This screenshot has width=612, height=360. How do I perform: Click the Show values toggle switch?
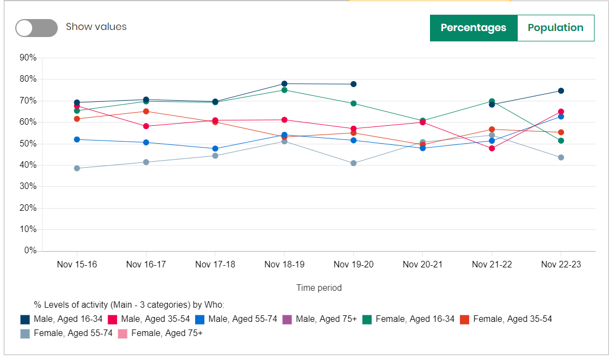point(37,28)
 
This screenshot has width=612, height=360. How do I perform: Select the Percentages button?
point(473,28)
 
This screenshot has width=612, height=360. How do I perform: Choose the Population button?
point(555,28)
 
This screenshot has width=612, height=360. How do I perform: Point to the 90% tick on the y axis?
point(27,58)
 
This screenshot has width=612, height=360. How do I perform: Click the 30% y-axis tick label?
point(27,186)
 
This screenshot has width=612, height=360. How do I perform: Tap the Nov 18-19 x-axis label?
point(284,265)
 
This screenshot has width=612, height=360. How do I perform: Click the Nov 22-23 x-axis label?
point(560,265)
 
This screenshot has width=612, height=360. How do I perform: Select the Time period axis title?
point(319,288)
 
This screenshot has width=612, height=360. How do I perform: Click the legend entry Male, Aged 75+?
point(326,319)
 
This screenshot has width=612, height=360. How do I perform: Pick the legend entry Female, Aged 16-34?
point(414,319)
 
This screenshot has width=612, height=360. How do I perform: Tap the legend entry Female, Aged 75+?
point(166,333)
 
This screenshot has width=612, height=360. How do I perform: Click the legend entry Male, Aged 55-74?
point(243,319)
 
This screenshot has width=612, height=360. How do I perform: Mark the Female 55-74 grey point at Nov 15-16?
point(77,168)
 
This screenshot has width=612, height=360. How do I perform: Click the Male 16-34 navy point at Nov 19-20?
point(353,84)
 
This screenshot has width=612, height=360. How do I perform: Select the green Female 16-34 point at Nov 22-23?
point(561,141)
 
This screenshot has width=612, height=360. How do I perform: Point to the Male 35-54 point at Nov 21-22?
point(492,148)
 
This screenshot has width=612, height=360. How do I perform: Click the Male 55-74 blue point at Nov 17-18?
point(215,149)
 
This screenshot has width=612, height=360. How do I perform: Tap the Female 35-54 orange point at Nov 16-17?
point(146,111)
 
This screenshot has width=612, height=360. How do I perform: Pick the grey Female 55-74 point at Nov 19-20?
point(353,163)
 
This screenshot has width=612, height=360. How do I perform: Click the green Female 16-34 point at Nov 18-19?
point(284,90)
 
